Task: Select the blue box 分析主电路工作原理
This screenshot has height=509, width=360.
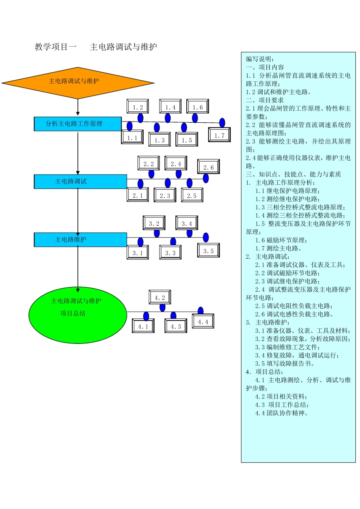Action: tap(78, 124)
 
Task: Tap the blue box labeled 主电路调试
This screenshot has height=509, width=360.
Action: tap(80, 181)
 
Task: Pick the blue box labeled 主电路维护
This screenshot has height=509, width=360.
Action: tap(80, 239)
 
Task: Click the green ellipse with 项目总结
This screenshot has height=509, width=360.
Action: tap(78, 315)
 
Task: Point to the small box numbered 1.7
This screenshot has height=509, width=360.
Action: tap(219, 135)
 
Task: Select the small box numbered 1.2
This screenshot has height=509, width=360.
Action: tap(138, 107)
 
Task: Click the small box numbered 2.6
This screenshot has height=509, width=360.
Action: tap(208, 167)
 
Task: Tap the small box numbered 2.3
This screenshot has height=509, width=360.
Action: tap(165, 195)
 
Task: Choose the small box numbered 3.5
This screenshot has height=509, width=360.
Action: tap(208, 251)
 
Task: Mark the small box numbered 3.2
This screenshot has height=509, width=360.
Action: tap(154, 223)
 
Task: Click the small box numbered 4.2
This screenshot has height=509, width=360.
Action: tap(160, 297)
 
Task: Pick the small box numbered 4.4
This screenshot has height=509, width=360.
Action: tap(203, 322)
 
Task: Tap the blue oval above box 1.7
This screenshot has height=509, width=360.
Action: tap(222, 123)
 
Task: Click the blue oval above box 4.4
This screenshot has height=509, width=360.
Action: tap(200, 311)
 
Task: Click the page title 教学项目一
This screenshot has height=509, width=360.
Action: tap(55, 47)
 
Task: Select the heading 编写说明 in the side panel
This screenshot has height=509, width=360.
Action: tap(260, 59)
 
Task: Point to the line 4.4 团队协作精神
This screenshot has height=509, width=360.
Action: tap(282, 413)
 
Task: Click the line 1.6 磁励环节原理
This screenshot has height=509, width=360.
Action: tap(281, 240)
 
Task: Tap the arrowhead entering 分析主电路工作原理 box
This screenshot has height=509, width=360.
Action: tap(78, 113)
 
